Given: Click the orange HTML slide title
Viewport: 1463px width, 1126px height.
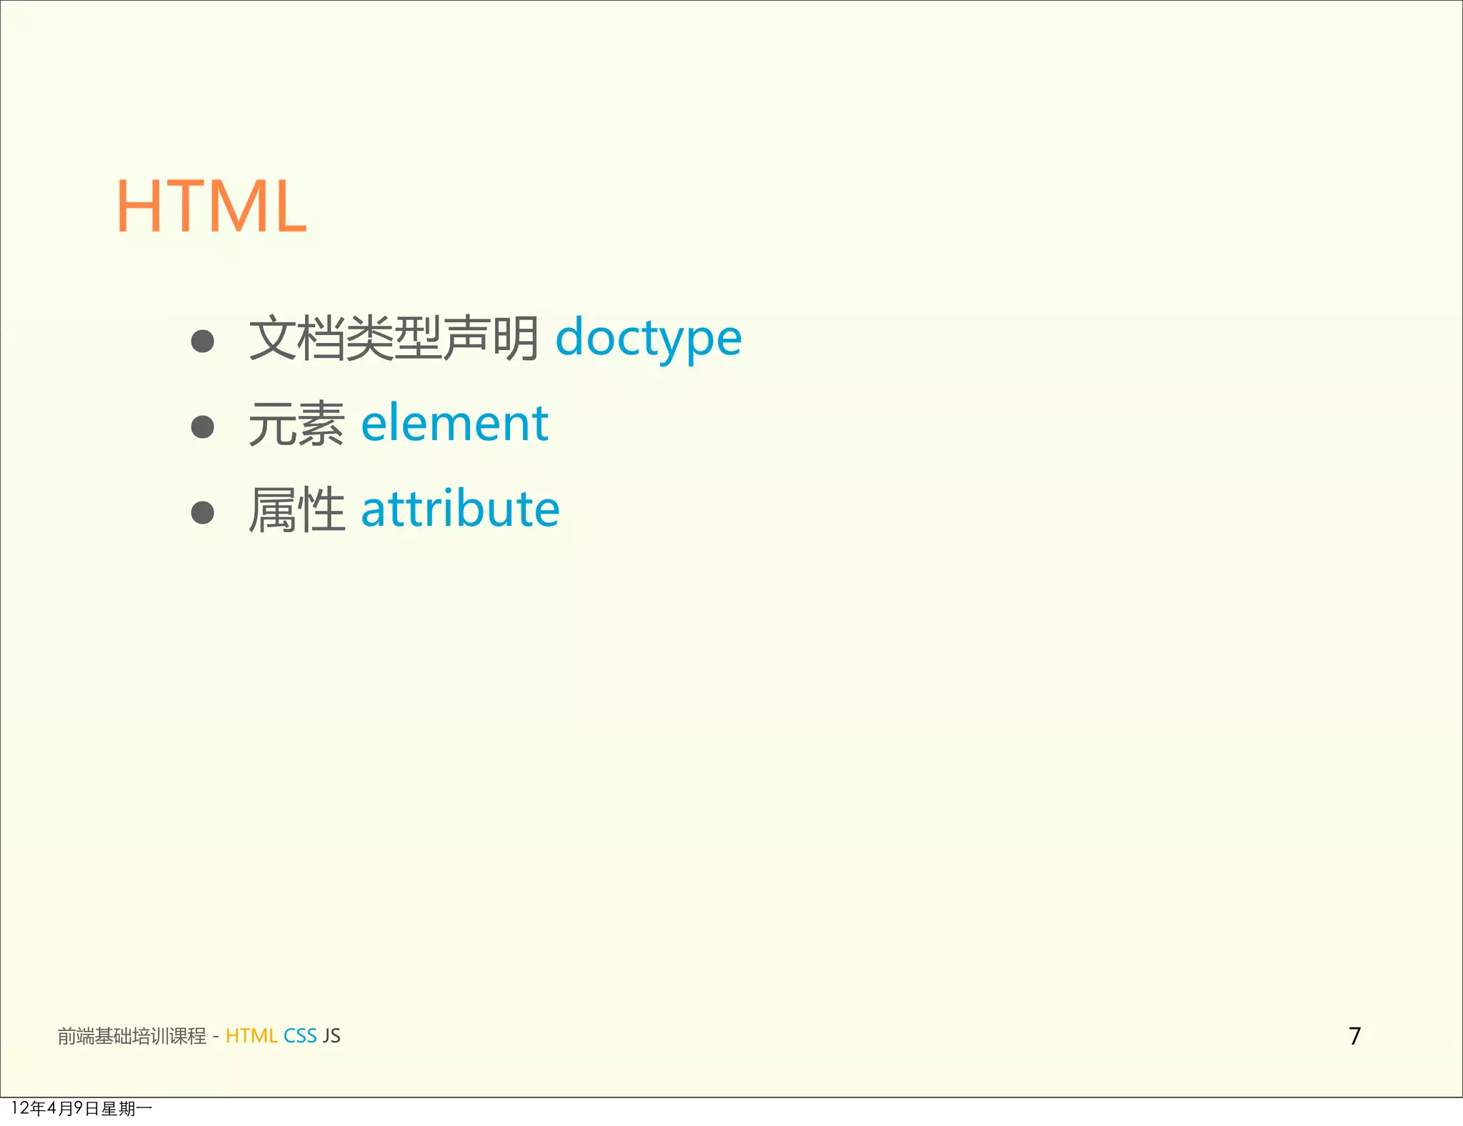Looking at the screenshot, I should (211, 207).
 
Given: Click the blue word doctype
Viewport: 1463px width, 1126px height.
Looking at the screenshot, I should (648, 338).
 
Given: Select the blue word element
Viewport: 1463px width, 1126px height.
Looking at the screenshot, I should (454, 423).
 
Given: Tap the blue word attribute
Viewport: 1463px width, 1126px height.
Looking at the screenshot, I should (460, 509).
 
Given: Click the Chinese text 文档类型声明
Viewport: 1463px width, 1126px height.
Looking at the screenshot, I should (394, 338).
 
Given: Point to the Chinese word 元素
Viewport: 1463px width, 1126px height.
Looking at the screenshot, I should (296, 424).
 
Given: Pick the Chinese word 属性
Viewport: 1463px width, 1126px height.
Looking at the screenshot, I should (296, 509).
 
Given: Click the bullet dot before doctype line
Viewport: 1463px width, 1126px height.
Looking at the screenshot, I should (203, 341).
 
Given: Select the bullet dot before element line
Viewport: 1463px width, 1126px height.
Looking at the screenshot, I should (203, 427).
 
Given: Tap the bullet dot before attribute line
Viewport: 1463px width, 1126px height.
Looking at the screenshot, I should (203, 512).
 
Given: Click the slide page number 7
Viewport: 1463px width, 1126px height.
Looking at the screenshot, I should (1354, 1036).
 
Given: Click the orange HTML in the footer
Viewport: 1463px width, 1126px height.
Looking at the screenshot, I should (251, 1036).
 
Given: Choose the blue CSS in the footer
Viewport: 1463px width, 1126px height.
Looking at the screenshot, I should (300, 1036).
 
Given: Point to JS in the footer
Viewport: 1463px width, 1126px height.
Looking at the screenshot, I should (331, 1036).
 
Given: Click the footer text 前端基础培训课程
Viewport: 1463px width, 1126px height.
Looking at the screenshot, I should (132, 1036).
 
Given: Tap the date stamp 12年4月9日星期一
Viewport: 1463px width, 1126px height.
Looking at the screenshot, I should (81, 1108).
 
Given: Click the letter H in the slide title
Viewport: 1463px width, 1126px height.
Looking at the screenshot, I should (140, 207).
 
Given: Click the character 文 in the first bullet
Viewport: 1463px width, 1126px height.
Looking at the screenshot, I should (272, 338).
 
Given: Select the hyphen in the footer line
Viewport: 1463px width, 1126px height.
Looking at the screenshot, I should (216, 1037).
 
